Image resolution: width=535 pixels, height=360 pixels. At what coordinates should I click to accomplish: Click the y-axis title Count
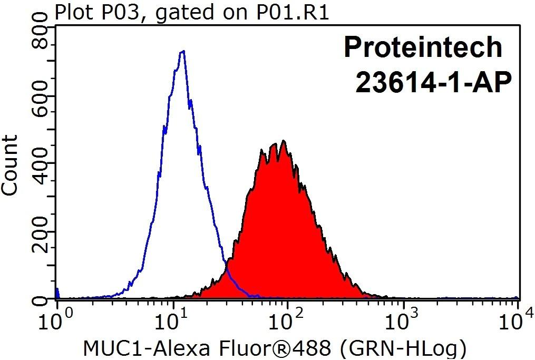[9, 166]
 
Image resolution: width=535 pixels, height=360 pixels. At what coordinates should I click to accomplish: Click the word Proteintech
[423, 48]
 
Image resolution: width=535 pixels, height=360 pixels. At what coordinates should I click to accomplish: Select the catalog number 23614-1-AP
[434, 83]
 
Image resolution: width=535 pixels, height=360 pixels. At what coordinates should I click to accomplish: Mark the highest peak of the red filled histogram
[283, 141]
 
